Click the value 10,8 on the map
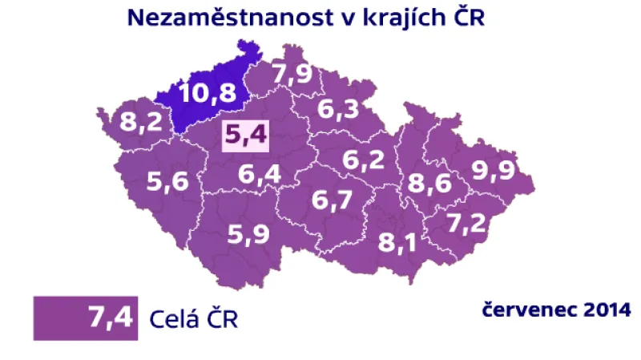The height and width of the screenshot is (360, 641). click(x=208, y=94)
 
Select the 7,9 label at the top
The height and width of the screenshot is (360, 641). click(x=292, y=74)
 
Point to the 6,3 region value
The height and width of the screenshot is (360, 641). click(x=338, y=108)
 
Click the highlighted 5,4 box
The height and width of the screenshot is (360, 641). click(x=245, y=136)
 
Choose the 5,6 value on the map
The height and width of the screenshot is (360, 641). click(x=167, y=183)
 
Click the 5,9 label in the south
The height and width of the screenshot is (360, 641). click(x=248, y=235)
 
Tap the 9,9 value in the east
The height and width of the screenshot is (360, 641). click(x=493, y=171)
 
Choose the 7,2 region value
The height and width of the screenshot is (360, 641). click(x=466, y=222)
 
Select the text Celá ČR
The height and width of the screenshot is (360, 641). click(x=195, y=318)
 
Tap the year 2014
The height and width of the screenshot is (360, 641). click(x=600, y=309)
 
